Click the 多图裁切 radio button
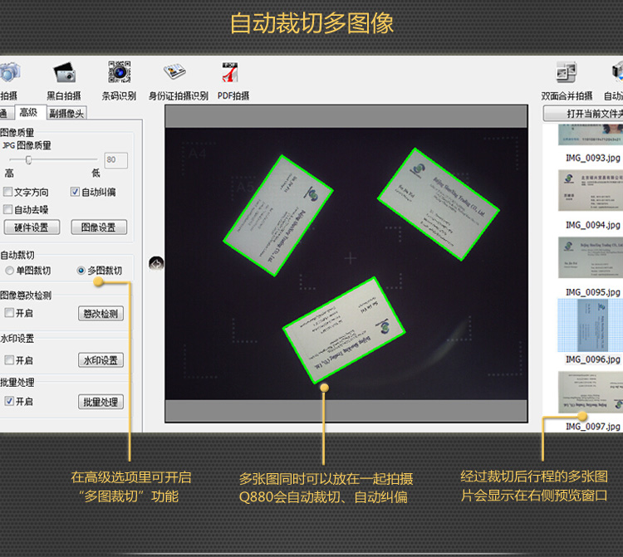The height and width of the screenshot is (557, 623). (x=81, y=271)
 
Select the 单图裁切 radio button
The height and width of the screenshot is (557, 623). (x=9, y=271)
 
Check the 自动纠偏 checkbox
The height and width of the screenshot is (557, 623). (x=75, y=193)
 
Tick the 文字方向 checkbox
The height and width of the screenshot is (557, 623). (x=8, y=193)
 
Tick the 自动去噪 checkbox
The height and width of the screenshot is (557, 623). (x=8, y=210)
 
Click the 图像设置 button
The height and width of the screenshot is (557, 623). (x=99, y=227)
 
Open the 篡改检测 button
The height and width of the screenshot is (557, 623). (x=101, y=314)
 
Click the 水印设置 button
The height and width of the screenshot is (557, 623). (x=101, y=360)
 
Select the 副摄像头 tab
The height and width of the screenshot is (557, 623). (x=66, y=113)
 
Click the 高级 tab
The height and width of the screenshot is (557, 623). (x=28, y=113)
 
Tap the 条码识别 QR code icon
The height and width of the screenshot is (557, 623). (x=120, y=73)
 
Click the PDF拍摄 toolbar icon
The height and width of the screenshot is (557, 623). (x=230, y=73)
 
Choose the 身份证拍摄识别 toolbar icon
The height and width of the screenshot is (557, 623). (x=175, y=73)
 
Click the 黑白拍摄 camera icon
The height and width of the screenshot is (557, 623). (x=64, y=73)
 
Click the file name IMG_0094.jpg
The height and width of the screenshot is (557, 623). (x=592, y=225)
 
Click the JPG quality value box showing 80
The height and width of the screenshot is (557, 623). (x=115, y=159)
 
